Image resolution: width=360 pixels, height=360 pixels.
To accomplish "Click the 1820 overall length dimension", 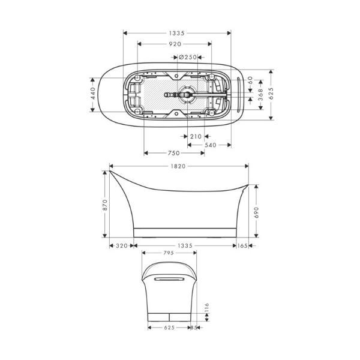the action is click(x=178, y=166).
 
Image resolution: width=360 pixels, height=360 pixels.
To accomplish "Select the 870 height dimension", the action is click(x=105, y=205).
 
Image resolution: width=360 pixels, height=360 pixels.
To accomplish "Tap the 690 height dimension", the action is click(x=256, y=212).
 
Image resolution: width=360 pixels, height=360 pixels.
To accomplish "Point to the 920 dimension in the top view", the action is click(x=175, y=44).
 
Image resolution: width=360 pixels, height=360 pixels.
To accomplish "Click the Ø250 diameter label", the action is click(x=188, y=57).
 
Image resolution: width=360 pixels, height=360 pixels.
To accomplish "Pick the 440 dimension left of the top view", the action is click(x=93, y=93).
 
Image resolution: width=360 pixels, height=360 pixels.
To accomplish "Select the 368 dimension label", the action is click(x=260, y=95).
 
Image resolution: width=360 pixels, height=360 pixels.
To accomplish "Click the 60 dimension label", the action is click(x=250, y=80).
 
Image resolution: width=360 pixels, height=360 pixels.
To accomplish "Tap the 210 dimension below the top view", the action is click(x=196, y=137).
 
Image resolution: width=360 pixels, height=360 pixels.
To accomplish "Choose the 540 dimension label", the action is click(x=211, y=145).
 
